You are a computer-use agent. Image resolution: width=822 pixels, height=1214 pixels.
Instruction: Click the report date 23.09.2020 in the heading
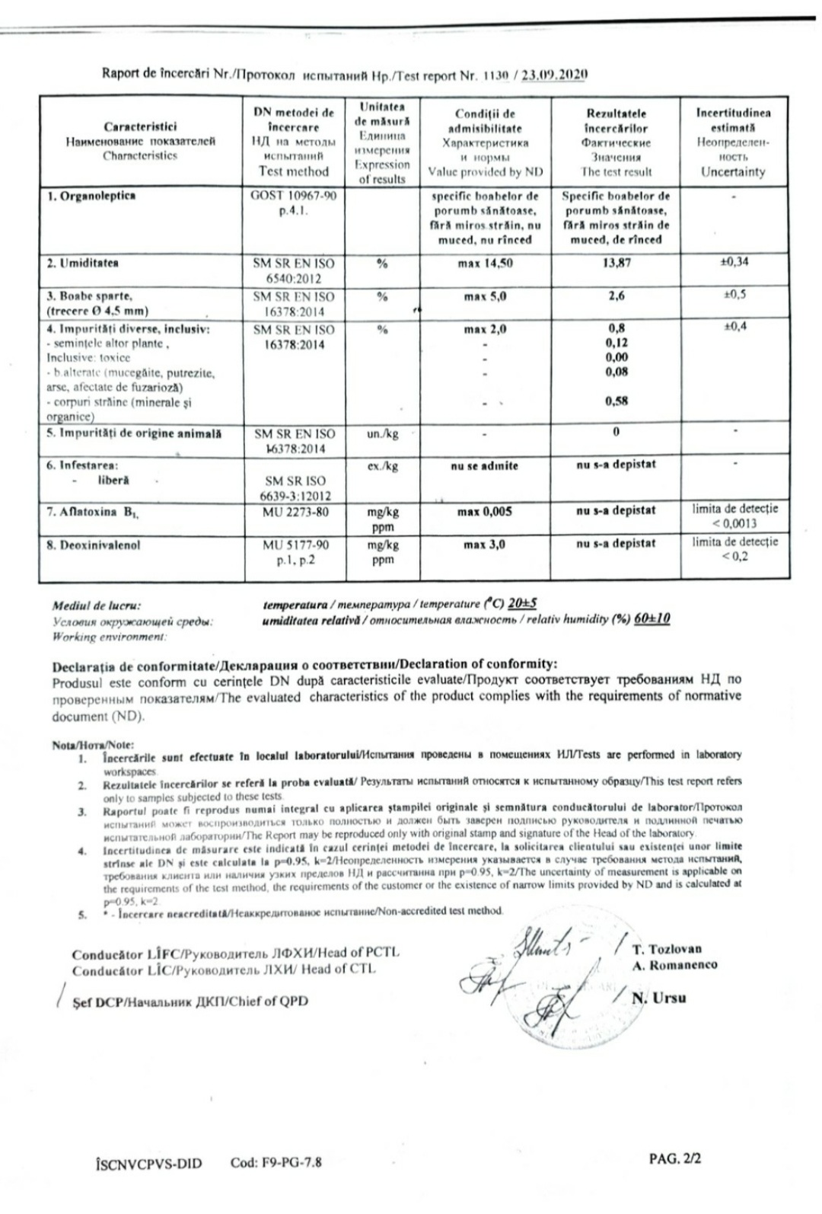pos(554,75)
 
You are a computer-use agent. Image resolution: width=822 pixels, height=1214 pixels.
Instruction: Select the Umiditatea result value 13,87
pos(616,263)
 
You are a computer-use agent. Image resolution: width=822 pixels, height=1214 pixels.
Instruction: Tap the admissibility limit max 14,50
pos(485,264)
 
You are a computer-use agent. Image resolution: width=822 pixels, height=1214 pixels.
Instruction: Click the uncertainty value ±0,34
pos(734,262)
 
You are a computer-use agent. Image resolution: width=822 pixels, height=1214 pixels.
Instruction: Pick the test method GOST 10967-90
pos(293,196)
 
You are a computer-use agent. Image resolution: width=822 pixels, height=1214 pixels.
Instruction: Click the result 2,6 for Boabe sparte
pos(616,296)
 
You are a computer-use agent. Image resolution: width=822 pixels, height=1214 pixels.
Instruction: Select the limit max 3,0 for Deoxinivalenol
pos(485,545)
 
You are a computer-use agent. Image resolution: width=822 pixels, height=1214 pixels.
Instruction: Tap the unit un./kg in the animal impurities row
pos(382,434)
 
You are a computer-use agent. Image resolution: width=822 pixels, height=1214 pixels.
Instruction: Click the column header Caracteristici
pos(140,126)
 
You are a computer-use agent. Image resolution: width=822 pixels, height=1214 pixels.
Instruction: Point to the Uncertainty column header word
pos(733,172)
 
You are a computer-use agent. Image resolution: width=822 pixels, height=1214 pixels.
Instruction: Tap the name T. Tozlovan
pos(667,949)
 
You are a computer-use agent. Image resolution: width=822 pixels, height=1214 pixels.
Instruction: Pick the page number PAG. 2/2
pos(674,1158)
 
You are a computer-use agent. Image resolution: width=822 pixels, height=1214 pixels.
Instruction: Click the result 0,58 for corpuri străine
pos(616,401)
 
